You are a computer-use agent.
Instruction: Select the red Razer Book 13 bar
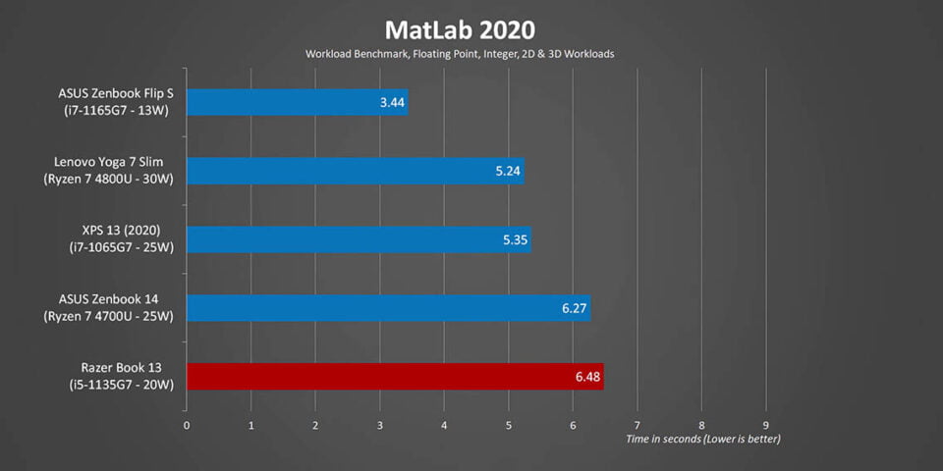[393, 377]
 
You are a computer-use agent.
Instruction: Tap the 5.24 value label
[508, 171]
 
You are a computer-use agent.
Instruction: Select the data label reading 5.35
[515, 239]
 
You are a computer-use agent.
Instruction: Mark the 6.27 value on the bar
[575, 308]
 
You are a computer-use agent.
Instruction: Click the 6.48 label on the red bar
[587, 377]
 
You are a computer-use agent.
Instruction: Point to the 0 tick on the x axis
[187, 426]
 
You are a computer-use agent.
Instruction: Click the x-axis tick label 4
[444, 426]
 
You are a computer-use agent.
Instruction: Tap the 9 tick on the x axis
[765, 426]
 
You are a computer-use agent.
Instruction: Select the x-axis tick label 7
[638, 426]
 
